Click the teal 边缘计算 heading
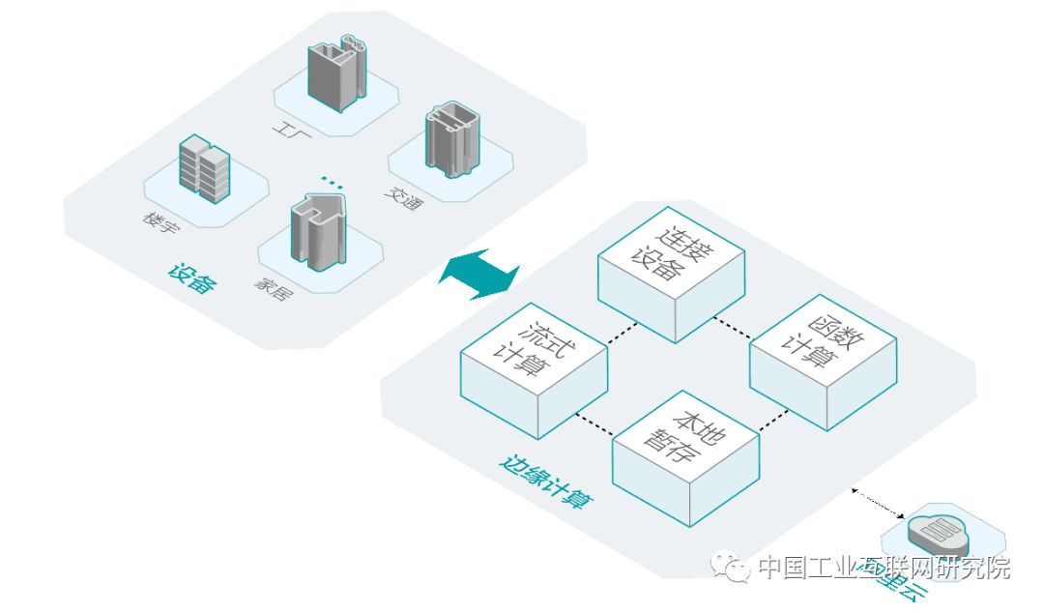(x=545, y=483)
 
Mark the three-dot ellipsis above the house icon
(x=332, y=181)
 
